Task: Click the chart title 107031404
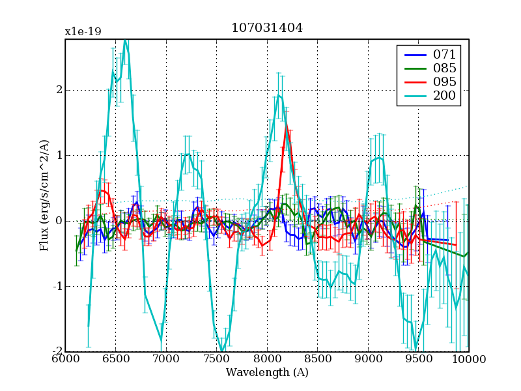(x=266, y=28)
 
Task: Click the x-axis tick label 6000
(x=65, y=359)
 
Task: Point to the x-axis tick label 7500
(x=216, y=359)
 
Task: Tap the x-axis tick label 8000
(x=267, y=359)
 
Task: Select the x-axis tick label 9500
(x=418, y=359)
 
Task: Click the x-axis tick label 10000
(x=468, y=359)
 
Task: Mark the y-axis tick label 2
(x=59, y=90)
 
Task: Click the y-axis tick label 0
(x=59, y=221)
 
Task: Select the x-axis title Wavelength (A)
(x=267, y=372)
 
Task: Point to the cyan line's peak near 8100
(x=279, y=94)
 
